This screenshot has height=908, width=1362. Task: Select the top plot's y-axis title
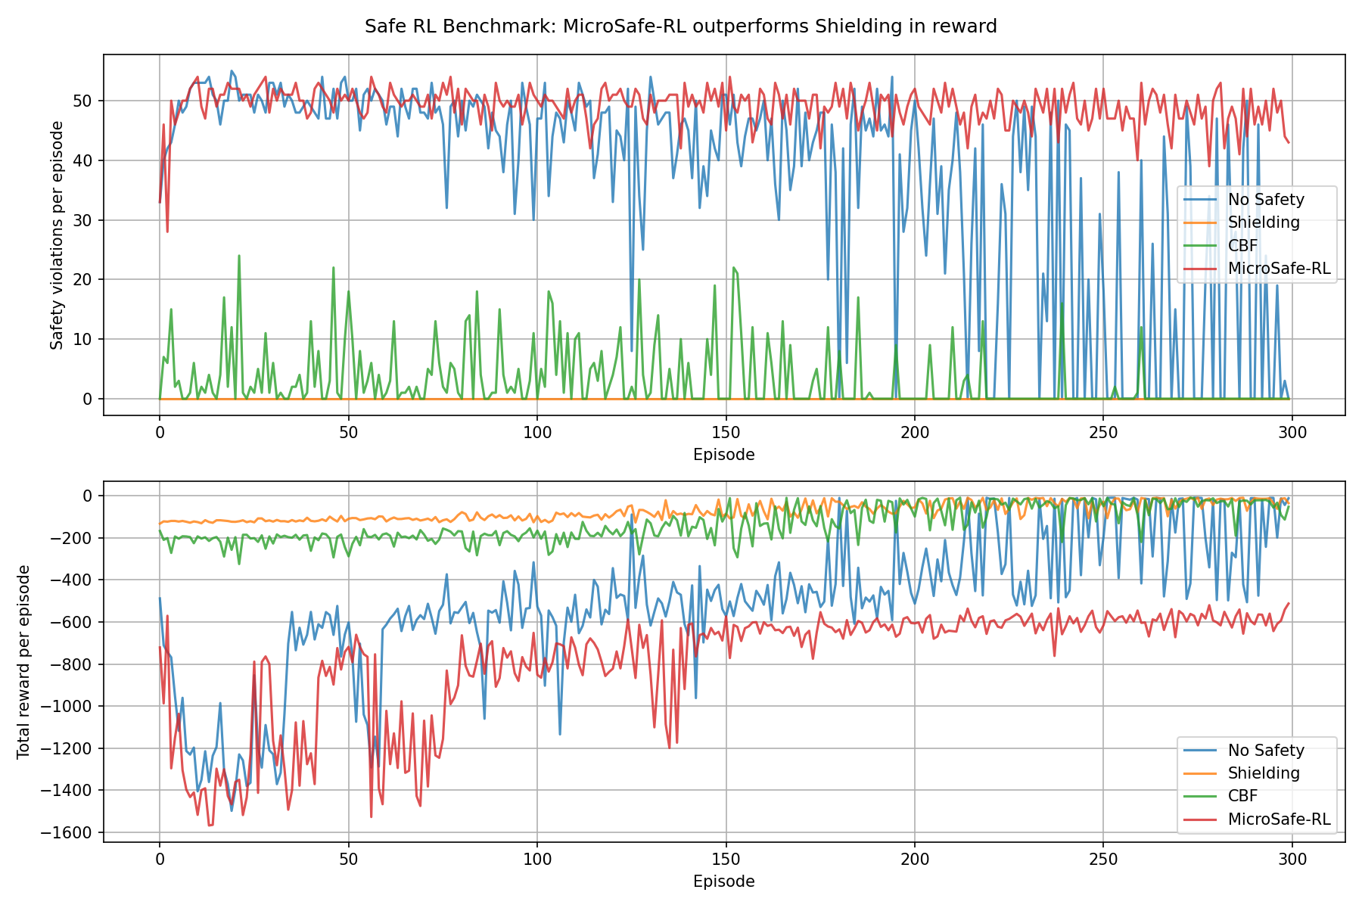pyautogui.click(x=58, y=235)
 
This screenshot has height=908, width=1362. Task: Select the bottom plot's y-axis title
pyautogui.click(x=23, y=661)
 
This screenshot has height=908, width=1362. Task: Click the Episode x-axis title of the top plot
pyautogui.click(x=723, y=455)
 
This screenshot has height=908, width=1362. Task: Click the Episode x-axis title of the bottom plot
pyautogui.click(x=723, y=882)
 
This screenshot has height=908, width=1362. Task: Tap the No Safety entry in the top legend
pyautogui.click(x=1266, y=200)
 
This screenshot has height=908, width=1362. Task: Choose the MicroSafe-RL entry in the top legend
pyautogui.click(x=1279, y=269)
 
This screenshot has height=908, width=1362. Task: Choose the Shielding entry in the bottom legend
pyautogui.click(x=1264, y=773)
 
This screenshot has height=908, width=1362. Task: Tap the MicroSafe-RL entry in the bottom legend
pyautogui.click(x=1279, y=819)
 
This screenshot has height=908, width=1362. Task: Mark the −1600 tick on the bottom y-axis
pyautogui.click(x=71, y=833)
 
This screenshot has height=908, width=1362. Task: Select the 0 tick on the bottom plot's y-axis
pyautogui.click(x=88, y=496)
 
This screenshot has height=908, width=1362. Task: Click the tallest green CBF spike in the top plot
pyautogui.click(x=239, y=257)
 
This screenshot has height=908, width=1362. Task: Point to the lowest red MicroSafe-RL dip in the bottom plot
pyautogui.click(x=210, y=825)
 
